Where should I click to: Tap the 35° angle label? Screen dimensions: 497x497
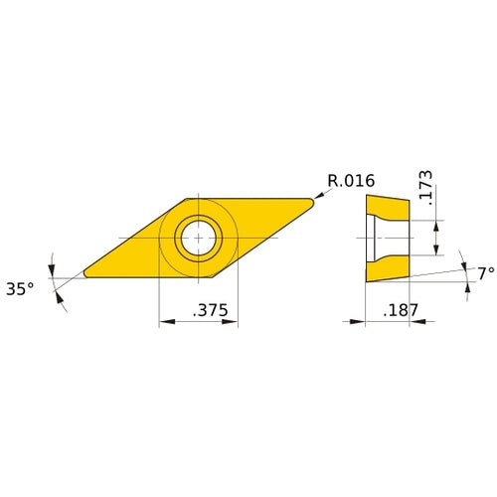pyautogui.click(x=20, y=288)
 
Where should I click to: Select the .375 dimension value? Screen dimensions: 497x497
pyautogui.click(x=210, y=311)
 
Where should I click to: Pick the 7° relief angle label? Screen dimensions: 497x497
pyautogui.click(x=484, y=272)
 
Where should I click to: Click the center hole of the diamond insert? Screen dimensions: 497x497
pyautogui.click(x=198, y=238)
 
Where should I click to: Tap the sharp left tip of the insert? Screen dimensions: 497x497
pyautogui.click(x=85, y=274)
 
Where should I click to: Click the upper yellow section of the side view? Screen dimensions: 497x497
pyautogui.click(x=389, y=208)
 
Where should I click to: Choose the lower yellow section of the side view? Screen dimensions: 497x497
pyautogui.click(x=389, y=267)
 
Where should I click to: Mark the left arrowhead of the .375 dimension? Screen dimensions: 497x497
pyautogui.click(x=164, y=322)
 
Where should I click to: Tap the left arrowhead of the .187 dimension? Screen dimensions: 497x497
pyautogui.click(x=360, y=321)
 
